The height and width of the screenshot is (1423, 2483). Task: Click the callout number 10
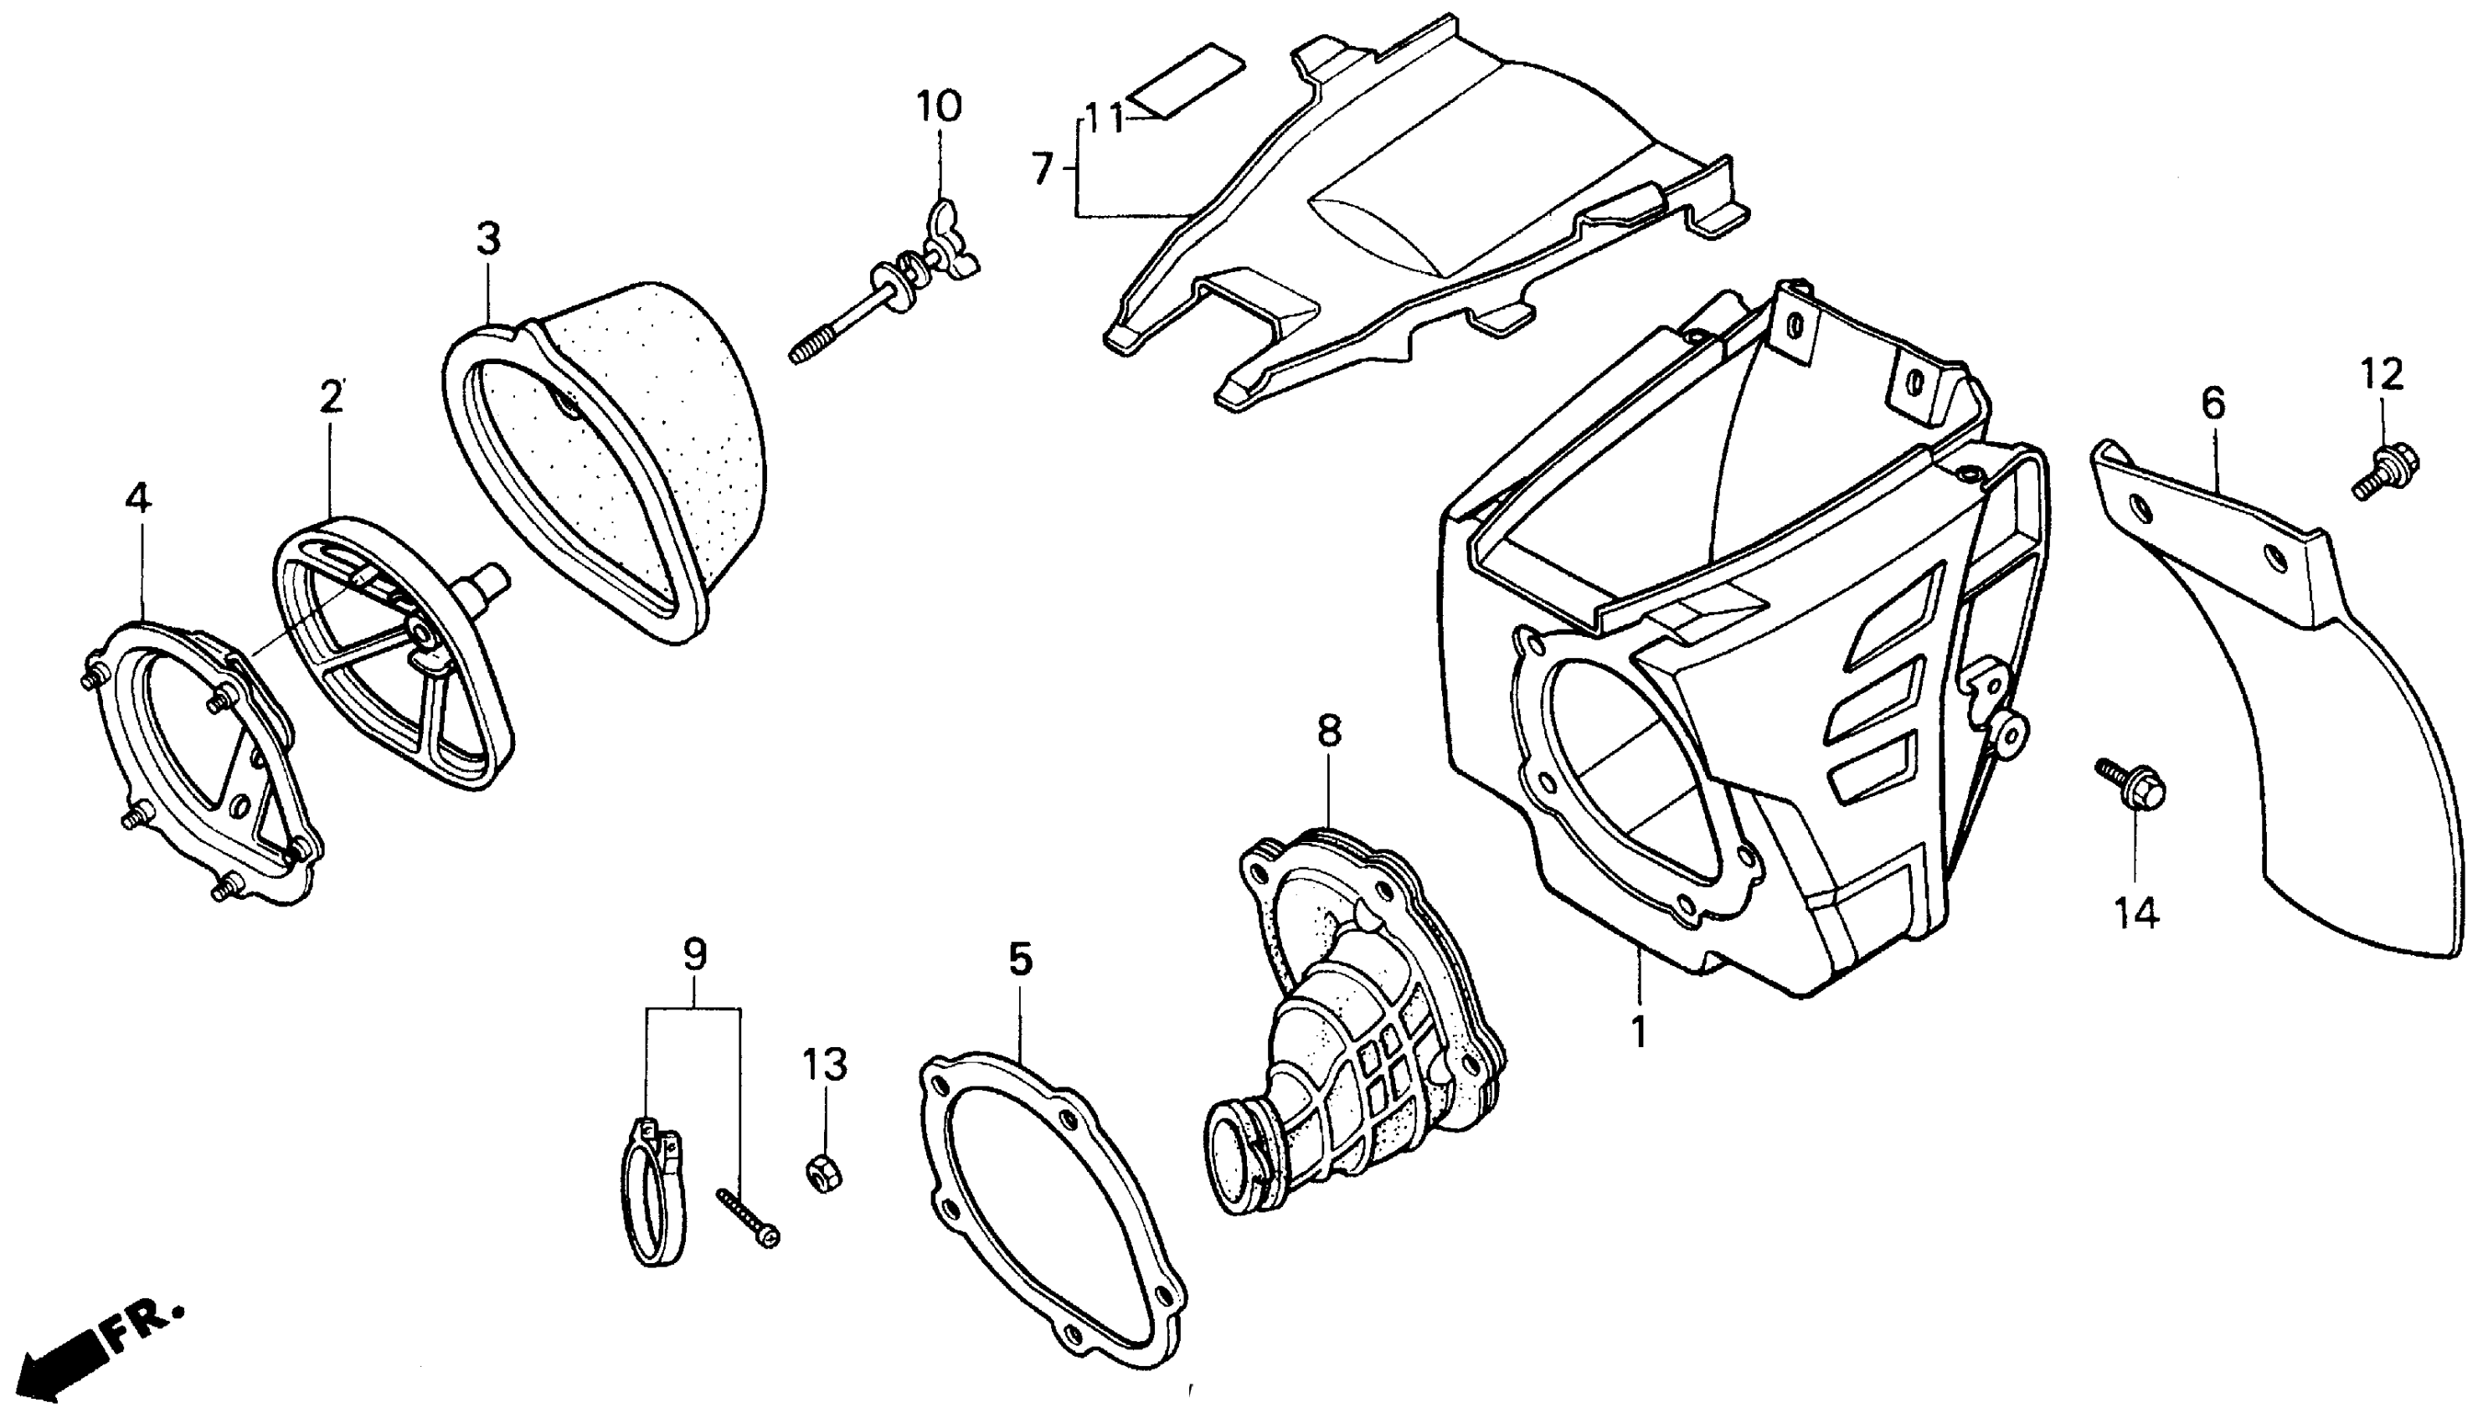tap(939, 105)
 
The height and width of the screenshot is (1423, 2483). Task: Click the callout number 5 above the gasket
tap(1020, 960)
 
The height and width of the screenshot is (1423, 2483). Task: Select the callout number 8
tap(1328, 731)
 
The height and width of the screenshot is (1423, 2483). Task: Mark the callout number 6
tap(2213, 403)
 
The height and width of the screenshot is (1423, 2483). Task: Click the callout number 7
tap(1043, 170)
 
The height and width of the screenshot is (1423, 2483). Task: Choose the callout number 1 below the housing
tap(1638, 1032)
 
